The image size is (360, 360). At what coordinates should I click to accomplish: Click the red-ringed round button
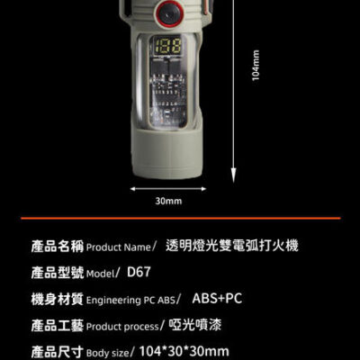[x=170, y=13]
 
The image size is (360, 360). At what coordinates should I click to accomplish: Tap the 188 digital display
[x=168, y=46]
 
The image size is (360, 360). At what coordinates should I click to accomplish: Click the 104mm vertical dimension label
[x=256, y=66]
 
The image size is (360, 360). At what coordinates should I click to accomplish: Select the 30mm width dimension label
[x=168, y=201]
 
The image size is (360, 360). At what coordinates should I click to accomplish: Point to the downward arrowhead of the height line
[x=233, y=175]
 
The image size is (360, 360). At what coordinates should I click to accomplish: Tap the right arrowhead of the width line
[x=203, y=189]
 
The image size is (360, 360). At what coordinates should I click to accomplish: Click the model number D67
[x=139, y=272]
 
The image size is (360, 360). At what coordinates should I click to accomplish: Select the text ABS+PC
[x=217, y=298]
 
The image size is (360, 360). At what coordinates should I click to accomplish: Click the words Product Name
[x=118, y=247]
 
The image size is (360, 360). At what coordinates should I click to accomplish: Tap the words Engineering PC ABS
[x=130, y=301]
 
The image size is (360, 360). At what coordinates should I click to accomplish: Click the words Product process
[x=122, y=327]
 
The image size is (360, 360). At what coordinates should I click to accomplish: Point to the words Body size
[x=107, y=353]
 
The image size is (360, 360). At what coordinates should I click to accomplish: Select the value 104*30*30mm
[x=184, y=351]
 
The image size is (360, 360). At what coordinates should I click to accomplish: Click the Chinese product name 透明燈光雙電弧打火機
[x=232, y=246]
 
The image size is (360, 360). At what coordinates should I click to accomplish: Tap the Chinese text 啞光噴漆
[x=195, y=325]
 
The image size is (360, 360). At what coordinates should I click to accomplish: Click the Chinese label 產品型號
[x=58, y=273]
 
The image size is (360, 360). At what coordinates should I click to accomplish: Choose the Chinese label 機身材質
[x=58, y=299]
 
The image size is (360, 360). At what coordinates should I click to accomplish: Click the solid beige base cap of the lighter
[x=166, y=155]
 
